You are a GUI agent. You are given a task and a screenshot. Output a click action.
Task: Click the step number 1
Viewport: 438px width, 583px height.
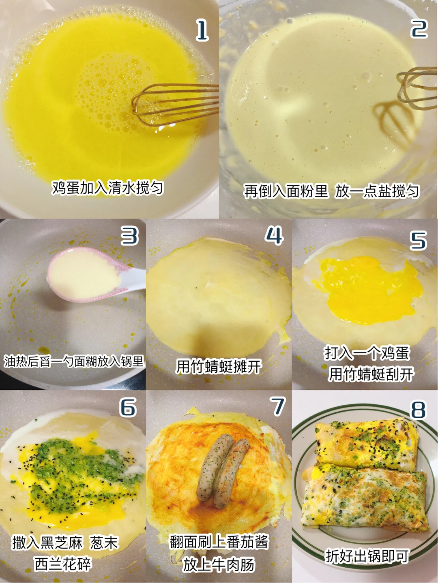click(202, 31)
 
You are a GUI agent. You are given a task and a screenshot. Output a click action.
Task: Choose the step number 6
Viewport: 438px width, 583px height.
click(128, 407)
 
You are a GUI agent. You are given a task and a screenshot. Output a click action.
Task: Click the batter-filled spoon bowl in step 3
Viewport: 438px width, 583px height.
click(84, 273)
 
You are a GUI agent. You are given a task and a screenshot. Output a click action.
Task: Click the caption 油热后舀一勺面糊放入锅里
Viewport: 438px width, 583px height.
click(74, 361)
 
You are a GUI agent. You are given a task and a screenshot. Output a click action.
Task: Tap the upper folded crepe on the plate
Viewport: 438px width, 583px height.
click(366, 446)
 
